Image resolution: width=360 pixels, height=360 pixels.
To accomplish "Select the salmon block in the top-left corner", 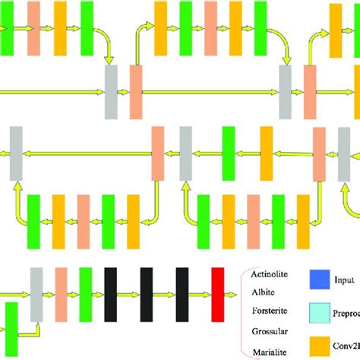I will [34, 28].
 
